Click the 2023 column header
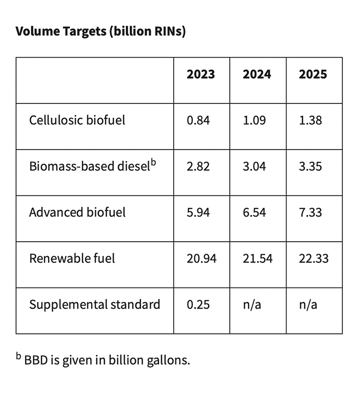point(201,75)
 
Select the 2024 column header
point(257,75)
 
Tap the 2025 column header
point(313,75)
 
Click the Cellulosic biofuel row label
point(77,120)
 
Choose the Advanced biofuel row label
point(77,212)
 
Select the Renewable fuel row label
point(72,258)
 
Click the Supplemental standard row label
point(95,304)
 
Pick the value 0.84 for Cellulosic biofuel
point(198,120)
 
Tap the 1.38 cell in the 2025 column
point(310,120)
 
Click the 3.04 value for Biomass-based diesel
point(254,167)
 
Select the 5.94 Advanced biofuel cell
point(198,212)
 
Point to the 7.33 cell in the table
point(310,212)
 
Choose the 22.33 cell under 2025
point(313,258)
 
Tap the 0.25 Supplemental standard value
point(198,304)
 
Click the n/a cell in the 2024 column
point(251,304)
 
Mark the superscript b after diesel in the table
point(153,163)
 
